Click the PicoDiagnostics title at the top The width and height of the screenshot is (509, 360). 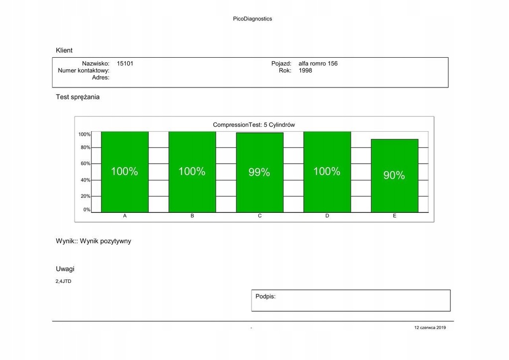point(253,19)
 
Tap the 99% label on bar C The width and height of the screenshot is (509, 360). point(259,172)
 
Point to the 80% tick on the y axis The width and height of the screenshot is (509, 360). point(85,148)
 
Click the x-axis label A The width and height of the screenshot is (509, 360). point(125,216)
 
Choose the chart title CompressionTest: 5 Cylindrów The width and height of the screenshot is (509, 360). point(254,125)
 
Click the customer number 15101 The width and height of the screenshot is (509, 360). point(125,64)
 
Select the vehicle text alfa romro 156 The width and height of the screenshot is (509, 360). point(318,64)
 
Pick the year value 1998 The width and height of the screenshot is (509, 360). point(305,71)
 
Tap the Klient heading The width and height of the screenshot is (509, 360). point(64,50)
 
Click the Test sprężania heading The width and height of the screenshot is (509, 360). point(78,97)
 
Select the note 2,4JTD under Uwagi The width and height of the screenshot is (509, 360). point(63,281)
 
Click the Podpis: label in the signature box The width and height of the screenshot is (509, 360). point(265,296)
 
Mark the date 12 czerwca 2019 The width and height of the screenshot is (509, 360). point(430,328)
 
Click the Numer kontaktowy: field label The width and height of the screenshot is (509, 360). point(84,71)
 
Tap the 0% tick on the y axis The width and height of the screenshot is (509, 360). point(87,209)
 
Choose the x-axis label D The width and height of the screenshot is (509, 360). point(327,216)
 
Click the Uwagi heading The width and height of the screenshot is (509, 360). point(65,269)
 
